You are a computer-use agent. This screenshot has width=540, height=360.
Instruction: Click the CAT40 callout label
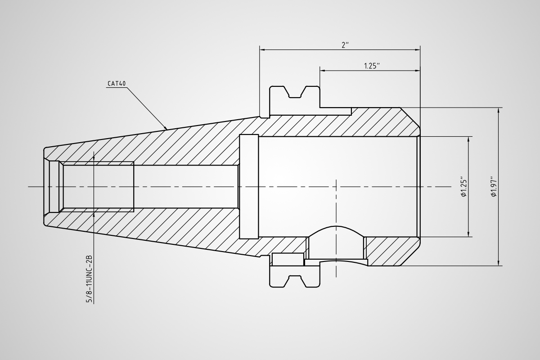[117, 84]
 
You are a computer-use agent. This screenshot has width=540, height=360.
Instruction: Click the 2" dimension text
[345, 45]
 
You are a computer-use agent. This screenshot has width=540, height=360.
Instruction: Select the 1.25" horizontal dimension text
[372, 66]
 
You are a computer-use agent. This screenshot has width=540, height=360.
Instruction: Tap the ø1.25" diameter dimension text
[464, 188]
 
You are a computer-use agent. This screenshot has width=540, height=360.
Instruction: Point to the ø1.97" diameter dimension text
[494, 188]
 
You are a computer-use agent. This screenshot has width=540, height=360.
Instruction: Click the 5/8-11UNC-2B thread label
[89, 279]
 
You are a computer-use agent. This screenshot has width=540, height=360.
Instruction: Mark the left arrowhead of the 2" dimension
[262, 50]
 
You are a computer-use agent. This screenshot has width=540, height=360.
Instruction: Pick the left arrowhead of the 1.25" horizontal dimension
[323, 71]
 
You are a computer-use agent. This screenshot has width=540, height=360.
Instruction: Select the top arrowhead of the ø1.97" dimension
[499, 110]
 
